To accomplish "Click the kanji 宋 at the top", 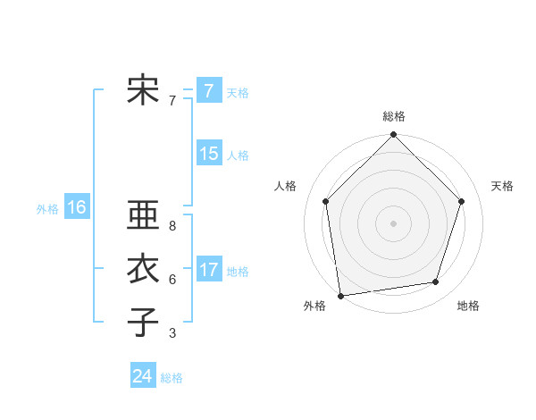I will [x=142, y=90].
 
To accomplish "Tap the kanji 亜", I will [x=142, y=217].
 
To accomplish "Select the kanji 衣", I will [x=142, y=269].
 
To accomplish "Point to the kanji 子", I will [x=142, y=322].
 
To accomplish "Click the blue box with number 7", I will [x=208, y=91].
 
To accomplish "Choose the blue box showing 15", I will [x=208, y=154].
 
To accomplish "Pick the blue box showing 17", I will [x=208, y=269].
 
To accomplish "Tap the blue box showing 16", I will [x=76, y=207].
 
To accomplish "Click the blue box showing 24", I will [x=142, y=376].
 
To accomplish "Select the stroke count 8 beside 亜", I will [x=172, y=227].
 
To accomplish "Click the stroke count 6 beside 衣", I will [x=172, y=280].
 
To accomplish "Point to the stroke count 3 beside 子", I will [x=172, y=333].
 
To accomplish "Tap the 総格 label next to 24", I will [x=172, y=378].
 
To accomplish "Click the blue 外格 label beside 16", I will [x=46, y=209].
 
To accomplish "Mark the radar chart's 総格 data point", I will [x=393, y=136].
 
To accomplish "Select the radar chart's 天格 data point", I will [x=462, y=201].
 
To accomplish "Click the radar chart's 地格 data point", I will [x=436, y=282].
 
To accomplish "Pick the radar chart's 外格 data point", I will [x=340, y=295].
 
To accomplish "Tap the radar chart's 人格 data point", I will [x=326, y=201].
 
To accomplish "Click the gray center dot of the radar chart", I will [x=393, y=223].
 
